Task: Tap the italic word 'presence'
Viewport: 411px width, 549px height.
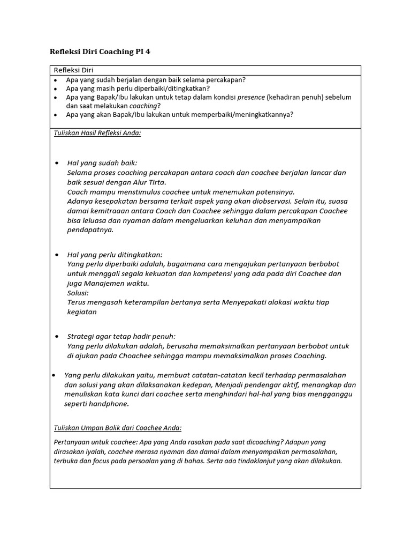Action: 251,98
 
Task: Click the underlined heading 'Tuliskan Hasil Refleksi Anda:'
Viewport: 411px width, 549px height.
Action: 97,132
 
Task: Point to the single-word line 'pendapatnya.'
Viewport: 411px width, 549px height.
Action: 90,230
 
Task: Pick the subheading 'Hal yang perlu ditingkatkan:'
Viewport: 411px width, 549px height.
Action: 115,255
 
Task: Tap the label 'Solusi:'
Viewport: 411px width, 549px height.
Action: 78,293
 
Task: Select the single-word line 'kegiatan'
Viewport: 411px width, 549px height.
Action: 82,312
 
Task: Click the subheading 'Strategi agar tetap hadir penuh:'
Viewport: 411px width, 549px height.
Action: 121,337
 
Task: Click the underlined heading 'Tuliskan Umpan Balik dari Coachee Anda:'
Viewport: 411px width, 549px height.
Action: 118,428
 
